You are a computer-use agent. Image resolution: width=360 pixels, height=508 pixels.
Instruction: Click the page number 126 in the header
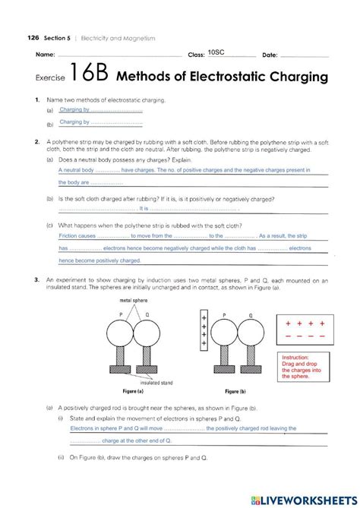32,36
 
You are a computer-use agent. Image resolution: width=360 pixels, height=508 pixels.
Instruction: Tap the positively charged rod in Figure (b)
204,331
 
